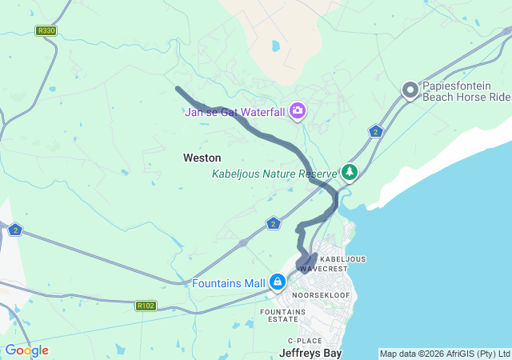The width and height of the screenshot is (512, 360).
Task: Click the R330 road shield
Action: pyautogui.click(x=46, y=30)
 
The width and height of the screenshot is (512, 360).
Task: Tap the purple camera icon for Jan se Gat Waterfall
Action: pyautogui.click(x=298, y=111)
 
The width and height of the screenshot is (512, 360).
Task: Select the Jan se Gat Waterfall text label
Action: pyautogui.click(x=234, y=112)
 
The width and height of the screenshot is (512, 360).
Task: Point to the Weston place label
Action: pyautogui.click(x=202, y=158)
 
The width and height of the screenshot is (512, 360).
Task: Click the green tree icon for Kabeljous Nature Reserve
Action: pyautogui.click(x=350, y=172)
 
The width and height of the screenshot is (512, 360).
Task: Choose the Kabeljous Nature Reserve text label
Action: pyautogui.click(x=275, y=174)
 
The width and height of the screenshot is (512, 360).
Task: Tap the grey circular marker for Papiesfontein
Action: pyautogui.click(x=410, y=90)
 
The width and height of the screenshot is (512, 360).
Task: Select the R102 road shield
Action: pyautogui.click(x=146, y=306)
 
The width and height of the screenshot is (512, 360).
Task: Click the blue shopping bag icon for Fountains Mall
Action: pyautogui.click(x=278, y=282)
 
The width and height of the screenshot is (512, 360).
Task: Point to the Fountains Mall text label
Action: pyautogui.click(x=229, y=283)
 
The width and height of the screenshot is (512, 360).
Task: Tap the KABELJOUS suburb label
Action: pyautogui.click(x=342, y=259)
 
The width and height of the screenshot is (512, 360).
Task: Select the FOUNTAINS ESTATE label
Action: pyautogui.click(x=279, y=314)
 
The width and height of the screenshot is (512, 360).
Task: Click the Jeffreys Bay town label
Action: pyautogui.click(x=310, y=352)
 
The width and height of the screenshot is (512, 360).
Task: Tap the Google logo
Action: pyautogui.click(x=26, y=350)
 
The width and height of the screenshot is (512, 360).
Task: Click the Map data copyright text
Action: pyautogui.click(x=444, y=354)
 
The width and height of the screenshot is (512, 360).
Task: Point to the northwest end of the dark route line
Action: pyautogui.click(x=178, y=89)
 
